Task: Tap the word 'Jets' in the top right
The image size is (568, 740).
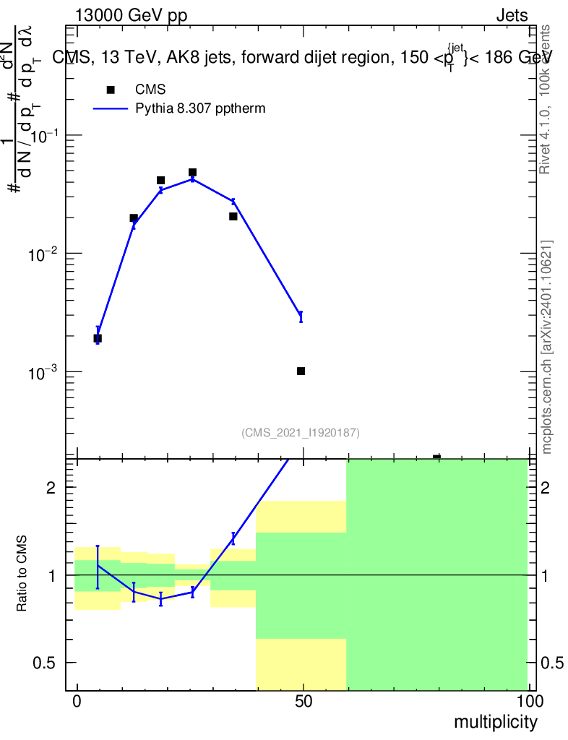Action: pos(512,15)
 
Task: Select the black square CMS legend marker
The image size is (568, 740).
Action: pos(111,90)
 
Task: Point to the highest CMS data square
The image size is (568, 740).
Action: pos(193,173)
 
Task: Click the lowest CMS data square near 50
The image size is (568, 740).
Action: pos(301,371)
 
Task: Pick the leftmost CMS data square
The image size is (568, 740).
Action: pos(98,338)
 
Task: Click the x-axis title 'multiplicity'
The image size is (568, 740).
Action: pos(495,722)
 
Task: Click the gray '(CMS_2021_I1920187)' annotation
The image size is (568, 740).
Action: pos(301,432)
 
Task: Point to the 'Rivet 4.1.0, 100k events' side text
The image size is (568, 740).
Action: pos(545,99)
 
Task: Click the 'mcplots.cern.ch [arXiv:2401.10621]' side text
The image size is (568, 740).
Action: pos(547,347)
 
